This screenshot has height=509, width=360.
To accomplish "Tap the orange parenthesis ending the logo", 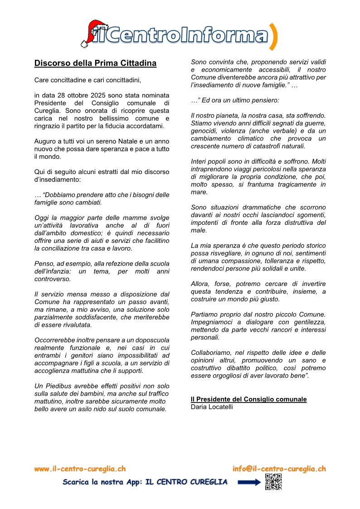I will (273, 36).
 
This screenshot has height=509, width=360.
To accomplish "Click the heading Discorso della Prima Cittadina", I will (95, 63).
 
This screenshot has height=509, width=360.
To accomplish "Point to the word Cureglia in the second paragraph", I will (48, 111).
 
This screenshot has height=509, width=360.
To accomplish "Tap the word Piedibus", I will (56, 386).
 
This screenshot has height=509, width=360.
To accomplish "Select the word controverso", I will (52, 279).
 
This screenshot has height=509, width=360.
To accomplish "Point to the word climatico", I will (253, 138).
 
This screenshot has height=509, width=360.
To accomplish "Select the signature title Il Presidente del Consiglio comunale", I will (248, 399).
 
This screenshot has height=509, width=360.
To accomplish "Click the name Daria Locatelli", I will (212, 407).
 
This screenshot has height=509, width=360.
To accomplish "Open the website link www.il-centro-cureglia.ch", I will (80, 469).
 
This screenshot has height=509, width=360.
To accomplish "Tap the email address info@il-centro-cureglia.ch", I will (279, 469).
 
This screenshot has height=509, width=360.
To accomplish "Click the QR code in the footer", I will (273, 482).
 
